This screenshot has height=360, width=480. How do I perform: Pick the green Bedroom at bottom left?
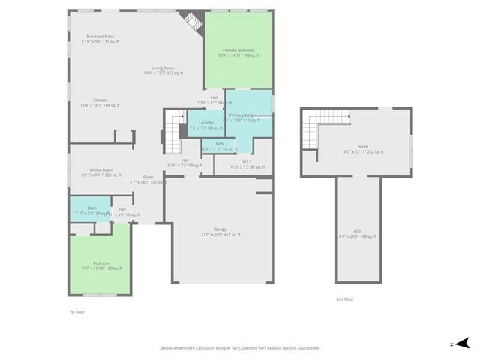pos(101,265)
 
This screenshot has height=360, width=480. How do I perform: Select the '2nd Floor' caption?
pos(345,298)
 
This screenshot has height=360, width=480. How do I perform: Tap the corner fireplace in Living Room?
pos(193,22)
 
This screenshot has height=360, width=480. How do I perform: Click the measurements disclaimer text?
pos(240,348)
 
